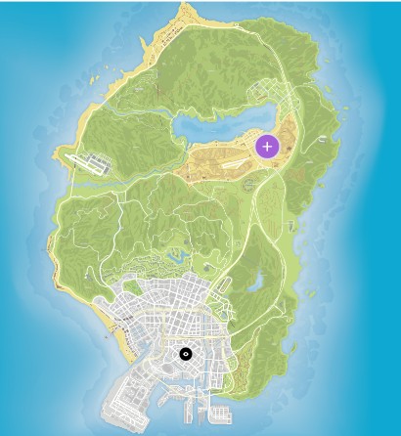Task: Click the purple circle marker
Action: [267, 147]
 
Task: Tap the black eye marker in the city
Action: [186, 354]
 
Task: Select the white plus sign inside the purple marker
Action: [267, 147]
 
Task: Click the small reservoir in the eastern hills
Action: [256, 283]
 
